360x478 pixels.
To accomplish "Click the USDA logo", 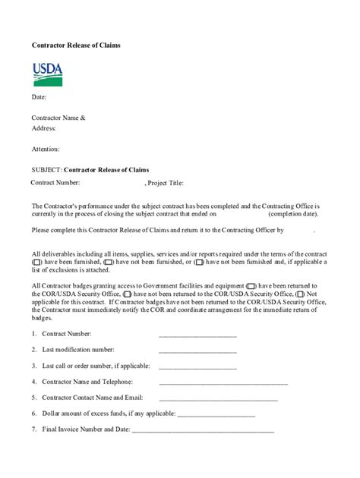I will pyautogui.click(x=47, y=74).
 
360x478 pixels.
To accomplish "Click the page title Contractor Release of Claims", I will pyautogui.click(x=76, y=46).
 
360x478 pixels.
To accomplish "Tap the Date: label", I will pyautogui.click(x=39, y=97).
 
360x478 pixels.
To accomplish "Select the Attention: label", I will pyautogui.click(x=46, y=149).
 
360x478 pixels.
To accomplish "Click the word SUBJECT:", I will pyautogui.click(x=46, y=169).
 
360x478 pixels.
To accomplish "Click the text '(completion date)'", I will pyautogui.click(x=293, y=215).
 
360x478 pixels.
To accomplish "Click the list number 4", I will pyautogui.click(x=34, y=382).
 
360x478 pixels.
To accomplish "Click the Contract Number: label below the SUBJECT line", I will pyautogui.click(x=55, y=184).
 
